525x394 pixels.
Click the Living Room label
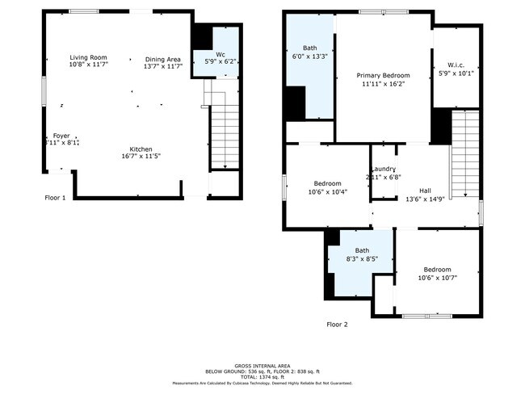tap(89, 57)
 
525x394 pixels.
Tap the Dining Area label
tap(162, 59)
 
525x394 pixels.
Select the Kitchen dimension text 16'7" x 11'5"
tap(141, 158)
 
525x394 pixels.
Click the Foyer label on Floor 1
tap(61, 135)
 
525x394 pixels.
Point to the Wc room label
tap(220, 53)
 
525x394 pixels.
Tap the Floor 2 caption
tap(337, 325)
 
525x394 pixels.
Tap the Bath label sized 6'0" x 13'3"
tap(310, 48)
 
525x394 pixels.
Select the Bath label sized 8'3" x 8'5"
tap(362, 250)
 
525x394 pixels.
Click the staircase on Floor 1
tap(225, 133)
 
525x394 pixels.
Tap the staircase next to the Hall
tap(464, 153)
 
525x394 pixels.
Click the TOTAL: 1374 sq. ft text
tap(262, 377)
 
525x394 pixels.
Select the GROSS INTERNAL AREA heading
tap(262, 366)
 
